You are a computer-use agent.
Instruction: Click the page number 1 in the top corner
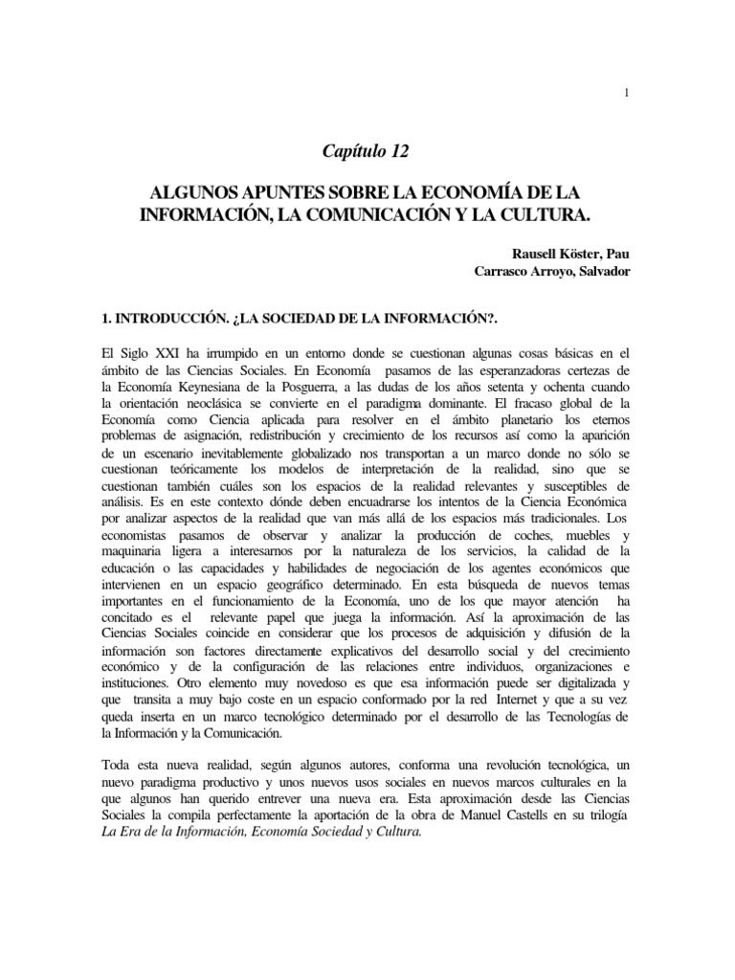pyautogui.click(x=626, y=93)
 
